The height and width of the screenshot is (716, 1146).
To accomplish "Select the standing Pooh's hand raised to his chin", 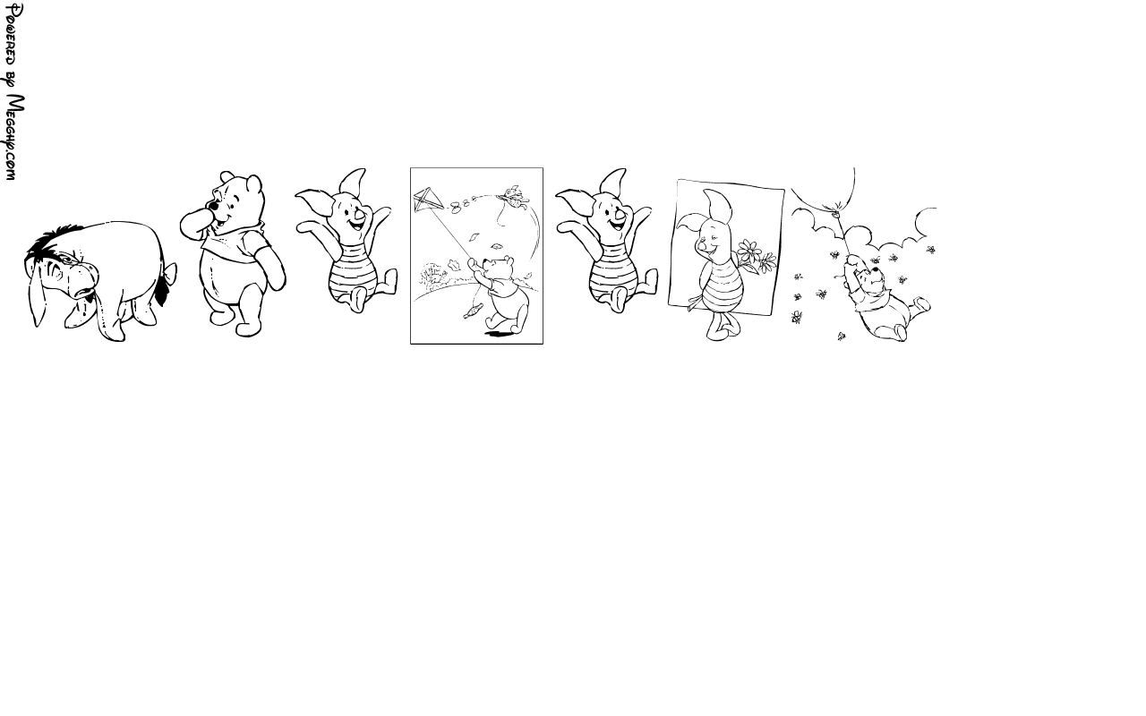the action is (x=195, y=223).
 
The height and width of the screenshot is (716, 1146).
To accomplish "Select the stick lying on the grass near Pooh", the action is (x=473, y=311).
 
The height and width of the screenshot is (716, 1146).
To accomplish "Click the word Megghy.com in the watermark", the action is (x=13, y=138).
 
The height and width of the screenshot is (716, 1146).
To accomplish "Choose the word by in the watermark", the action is (x=13, y=81).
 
